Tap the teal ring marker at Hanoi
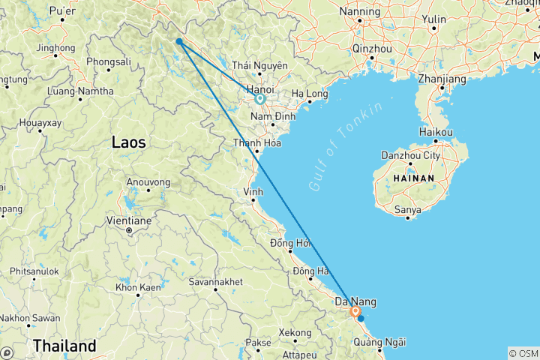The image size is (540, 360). point(259,98)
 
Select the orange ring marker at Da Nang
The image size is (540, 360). point(355,311)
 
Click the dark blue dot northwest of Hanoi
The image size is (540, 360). point(178,42)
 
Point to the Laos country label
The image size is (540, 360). point(128,141)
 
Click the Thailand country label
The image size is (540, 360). point(64,346)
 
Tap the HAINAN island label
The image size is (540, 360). point(412,178)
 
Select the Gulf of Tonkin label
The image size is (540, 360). point(346,145)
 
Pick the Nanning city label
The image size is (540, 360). point(361,11)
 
